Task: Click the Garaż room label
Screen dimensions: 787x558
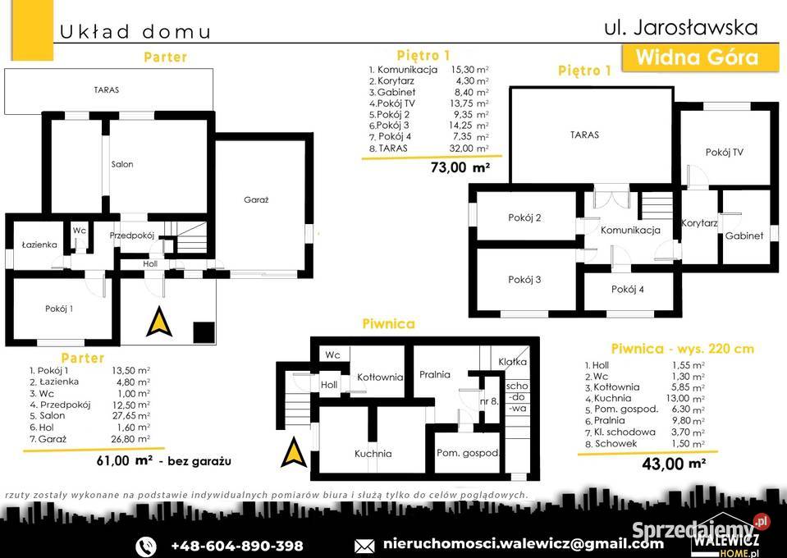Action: (x=256, y=199)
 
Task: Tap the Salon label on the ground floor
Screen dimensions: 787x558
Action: (x=122, y=164)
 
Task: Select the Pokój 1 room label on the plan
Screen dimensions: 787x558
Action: (x=59, y=309)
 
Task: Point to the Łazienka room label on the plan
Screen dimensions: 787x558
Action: (x=39, y=245)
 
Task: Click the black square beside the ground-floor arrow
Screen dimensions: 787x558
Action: (x=204, y=332)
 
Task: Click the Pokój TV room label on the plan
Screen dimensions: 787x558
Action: (x=725, y=153)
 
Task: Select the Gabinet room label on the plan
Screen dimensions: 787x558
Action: (x=744, y=236)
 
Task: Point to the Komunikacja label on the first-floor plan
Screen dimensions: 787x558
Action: (x=630, y=231)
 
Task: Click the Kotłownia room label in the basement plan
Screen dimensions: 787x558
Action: (x=380, y=377)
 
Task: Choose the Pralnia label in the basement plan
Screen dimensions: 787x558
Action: (x=435, y=374)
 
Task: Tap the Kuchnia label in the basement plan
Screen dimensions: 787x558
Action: (x=373, y=454)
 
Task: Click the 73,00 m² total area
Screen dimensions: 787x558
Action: (x=460, y=167)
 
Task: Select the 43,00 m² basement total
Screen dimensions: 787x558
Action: (x=674, y=464)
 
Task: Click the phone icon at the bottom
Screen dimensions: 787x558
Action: (x=146, y=546)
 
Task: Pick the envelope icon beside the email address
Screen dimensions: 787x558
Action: (x=364, y=546)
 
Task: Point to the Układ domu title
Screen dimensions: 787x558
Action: (x=135, y=32)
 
